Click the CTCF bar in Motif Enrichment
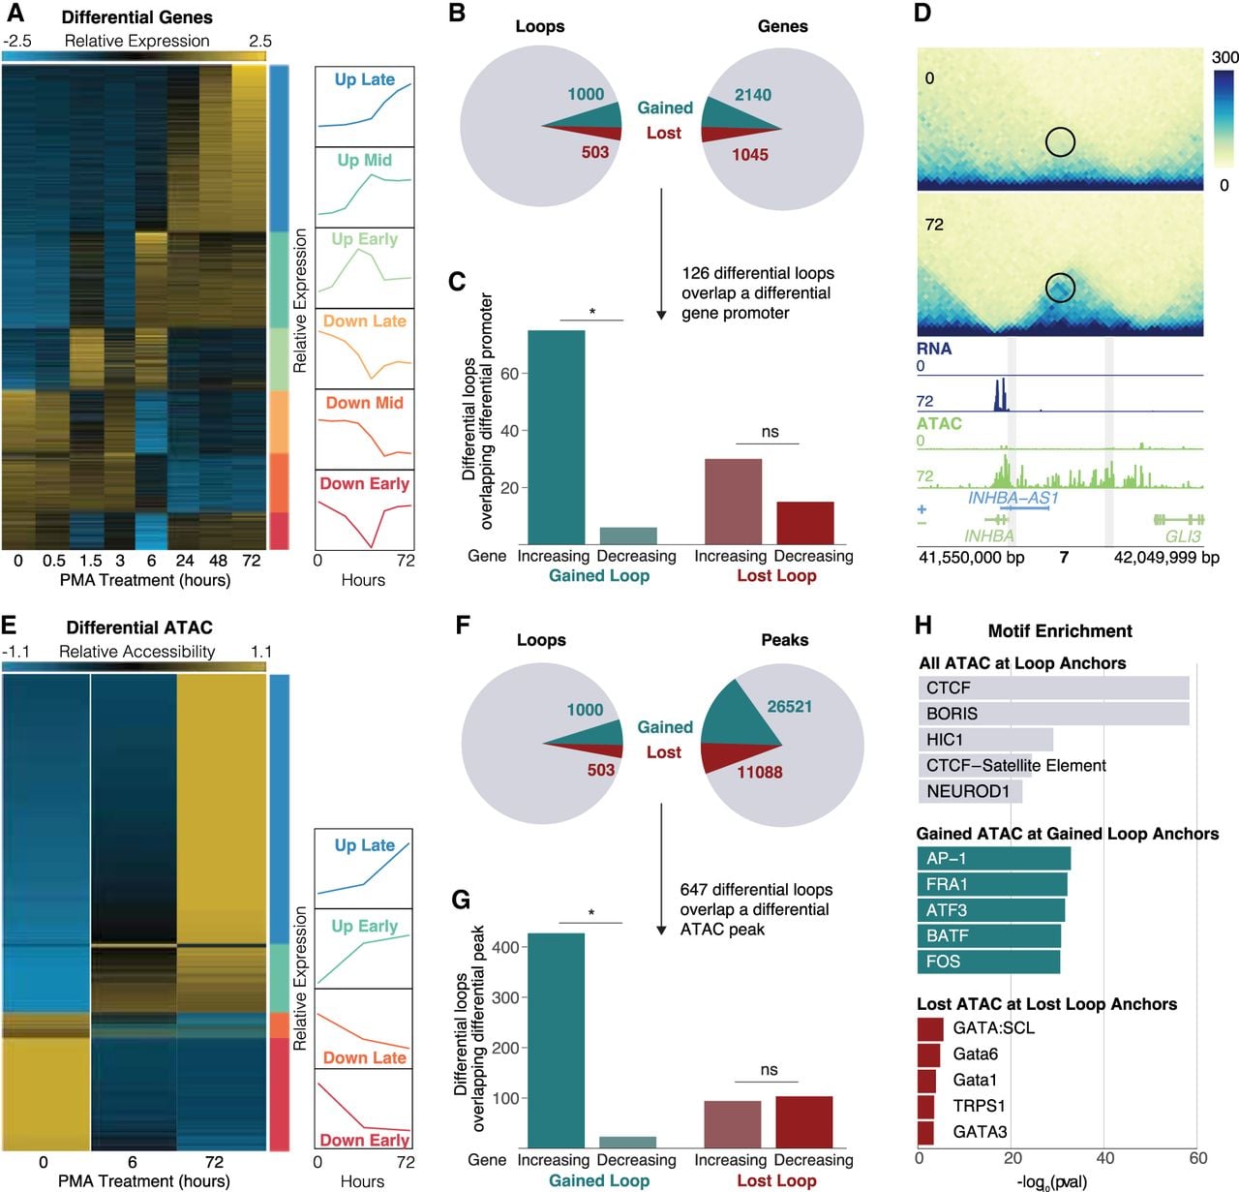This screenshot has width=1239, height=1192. pos(1053,688)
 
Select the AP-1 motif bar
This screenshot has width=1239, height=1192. pos(993,858)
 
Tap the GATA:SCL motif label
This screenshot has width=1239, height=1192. pos(993,1027)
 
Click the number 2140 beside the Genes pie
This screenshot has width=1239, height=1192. pos(752,95)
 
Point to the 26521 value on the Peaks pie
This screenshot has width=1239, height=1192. pos(789,706)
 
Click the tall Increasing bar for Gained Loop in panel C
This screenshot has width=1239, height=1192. pos(556,437)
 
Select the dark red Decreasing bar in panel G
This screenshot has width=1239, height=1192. pos(803,1122)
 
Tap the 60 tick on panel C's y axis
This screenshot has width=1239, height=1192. pos(509,374)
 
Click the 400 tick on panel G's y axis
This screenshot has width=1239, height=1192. pos(505,947)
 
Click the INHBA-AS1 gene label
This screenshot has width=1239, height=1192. pos(1012,498)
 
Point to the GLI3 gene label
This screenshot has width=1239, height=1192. pos(1182,536)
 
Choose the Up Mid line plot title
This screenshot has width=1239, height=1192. pos(364,160)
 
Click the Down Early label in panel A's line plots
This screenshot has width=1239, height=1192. pos(364,483)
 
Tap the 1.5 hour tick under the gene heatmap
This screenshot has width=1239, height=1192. pos(90,561)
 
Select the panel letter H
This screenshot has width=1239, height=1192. pos(922,626)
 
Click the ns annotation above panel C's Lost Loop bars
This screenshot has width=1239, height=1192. pos(770,431)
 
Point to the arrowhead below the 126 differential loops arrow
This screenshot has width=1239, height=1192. pos(661,315)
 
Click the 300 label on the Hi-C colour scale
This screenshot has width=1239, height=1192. pos(1224,57)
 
